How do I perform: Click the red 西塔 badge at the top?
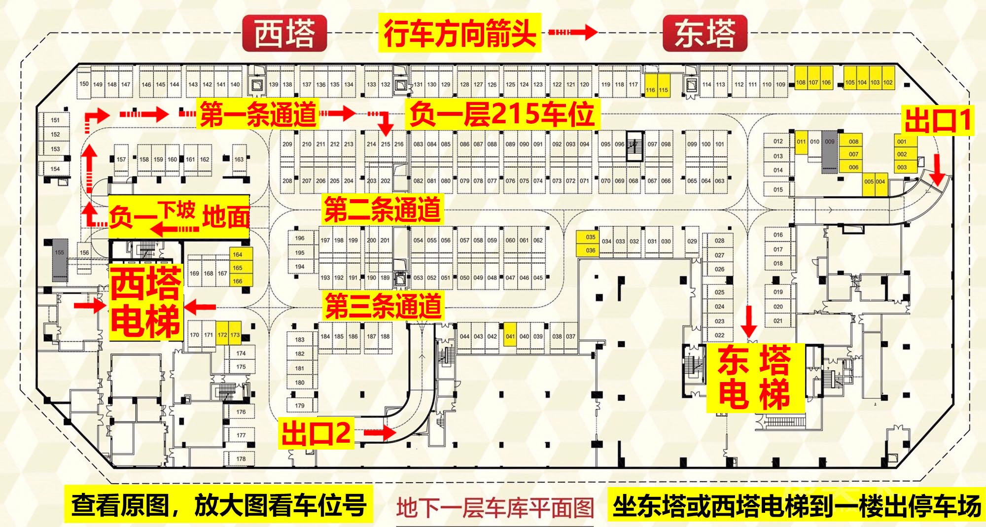pos(285,34)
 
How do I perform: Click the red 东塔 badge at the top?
pos(705,34)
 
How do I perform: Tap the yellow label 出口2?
pos(316,433)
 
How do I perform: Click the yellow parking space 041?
pos(510,337)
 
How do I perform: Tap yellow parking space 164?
pos(238,254)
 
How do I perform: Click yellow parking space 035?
pos(591,237)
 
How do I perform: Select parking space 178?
pos(241,459)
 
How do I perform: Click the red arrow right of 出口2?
pos(380,433)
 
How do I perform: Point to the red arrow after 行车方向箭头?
pos(573,33)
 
